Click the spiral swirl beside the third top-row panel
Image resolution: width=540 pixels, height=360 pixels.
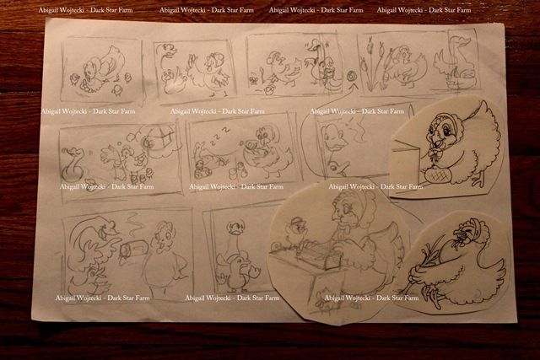pyautogui.click(x=352, y=77)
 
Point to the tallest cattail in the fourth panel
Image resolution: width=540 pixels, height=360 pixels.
pyautogui.click(x=370, y=62)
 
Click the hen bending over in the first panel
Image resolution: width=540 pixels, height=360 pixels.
pyautogui.click(x=100, y=69)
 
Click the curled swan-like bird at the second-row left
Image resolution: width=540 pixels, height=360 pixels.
pyautogui.click(x=73, y=164)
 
